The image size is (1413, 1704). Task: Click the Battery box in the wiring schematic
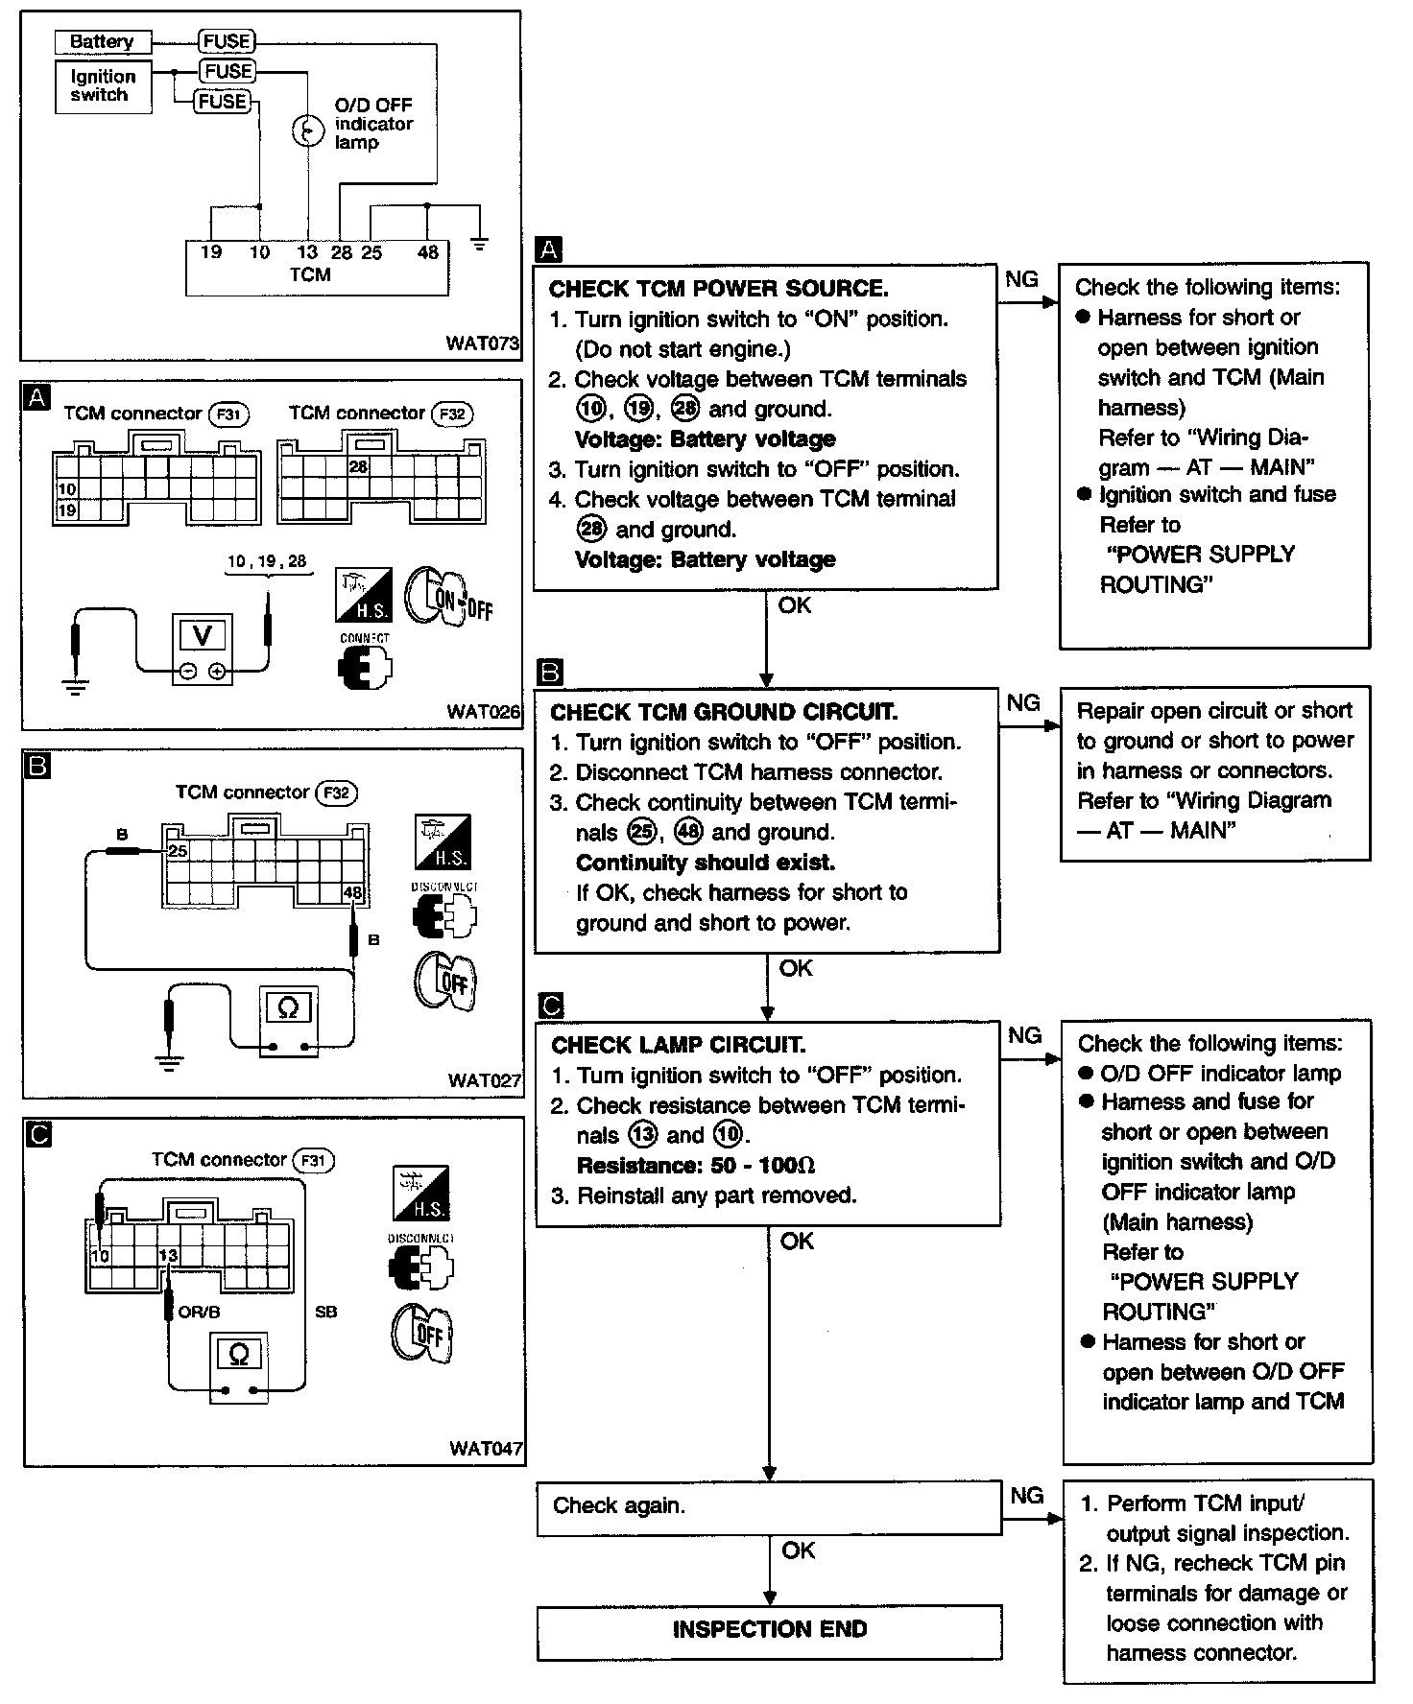(102, 42)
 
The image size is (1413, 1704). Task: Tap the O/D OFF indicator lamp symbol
(307, 130)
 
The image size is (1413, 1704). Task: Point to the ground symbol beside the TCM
(480, 244)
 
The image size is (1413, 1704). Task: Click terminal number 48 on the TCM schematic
(428, 252)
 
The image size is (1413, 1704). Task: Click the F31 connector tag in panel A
(228, 414)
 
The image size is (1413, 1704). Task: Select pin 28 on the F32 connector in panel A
(358, 467)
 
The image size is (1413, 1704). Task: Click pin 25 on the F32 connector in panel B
(177, 850)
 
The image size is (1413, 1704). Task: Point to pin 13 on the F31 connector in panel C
(168, 1256)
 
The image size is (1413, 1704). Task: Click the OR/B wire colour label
(200, 1312)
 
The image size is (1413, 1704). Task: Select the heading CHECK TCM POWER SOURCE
(718, 289)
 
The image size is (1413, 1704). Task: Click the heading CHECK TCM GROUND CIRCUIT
(724, 712)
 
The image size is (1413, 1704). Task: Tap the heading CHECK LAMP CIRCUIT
(678, 1045)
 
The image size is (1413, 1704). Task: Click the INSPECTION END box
(770, 1629)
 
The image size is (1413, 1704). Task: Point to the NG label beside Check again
(1027, 1496)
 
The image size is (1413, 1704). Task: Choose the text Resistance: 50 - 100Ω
(695, 1166)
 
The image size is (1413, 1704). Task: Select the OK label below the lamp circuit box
(797, 1242)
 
